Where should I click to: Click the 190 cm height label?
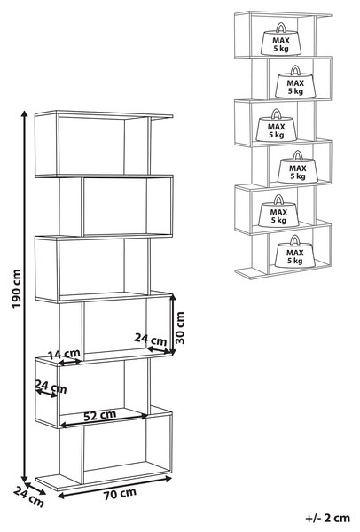(16, 288)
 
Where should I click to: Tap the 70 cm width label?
(120, 494)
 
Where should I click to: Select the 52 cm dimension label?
(100, 415)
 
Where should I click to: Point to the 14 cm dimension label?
(65, 354)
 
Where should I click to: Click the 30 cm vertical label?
(180, 328)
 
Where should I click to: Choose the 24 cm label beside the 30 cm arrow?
(151, 339)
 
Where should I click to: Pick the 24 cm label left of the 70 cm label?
(28, 497)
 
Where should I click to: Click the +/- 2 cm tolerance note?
(328, 518)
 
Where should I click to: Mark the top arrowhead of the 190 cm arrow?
(25, 112)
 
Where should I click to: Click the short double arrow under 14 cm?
(69, 363)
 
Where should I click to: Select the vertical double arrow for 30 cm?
(173, 325)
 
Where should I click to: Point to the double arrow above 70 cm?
(114, 487)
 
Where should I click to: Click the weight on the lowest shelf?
(295, 252)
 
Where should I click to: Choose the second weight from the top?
(295, 82)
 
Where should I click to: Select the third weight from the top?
(276, 126)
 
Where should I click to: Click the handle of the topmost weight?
(281, 27)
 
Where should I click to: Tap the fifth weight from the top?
(278, 211)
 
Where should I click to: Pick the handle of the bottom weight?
(295, 240)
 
